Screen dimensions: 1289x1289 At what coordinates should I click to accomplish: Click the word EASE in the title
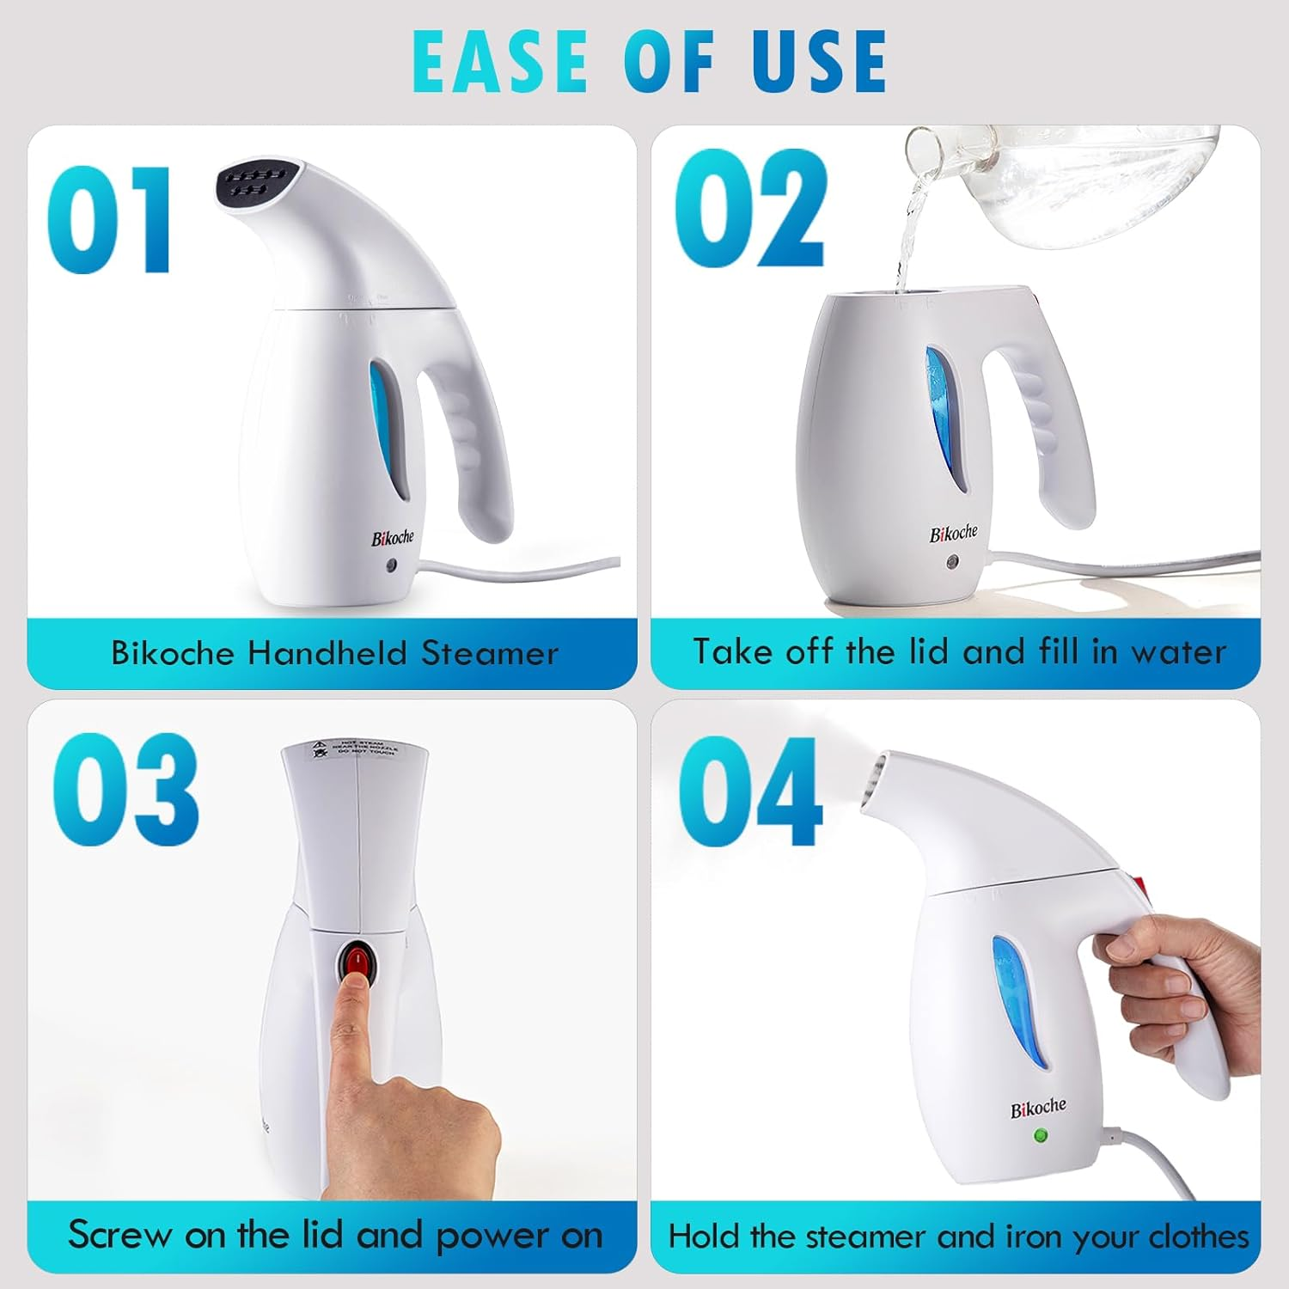(499, 62)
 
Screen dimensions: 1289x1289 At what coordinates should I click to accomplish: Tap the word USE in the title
(819, 62)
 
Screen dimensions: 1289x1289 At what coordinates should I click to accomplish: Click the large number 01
(109, 220)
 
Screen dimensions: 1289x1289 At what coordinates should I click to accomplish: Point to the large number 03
(125, 789)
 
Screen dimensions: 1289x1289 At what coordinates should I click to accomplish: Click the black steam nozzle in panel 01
(252, 183)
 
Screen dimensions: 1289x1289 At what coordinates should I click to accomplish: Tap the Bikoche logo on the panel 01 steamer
(392, 538)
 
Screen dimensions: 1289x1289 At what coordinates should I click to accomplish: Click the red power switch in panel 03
(357, 958)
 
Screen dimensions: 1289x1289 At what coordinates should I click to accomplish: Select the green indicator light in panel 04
(1041, 1136)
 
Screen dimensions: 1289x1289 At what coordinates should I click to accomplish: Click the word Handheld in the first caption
(327, 654)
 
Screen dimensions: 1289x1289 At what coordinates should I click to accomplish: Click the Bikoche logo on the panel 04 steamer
(1038, 1109)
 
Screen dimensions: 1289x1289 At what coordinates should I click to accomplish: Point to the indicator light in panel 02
(952, 563)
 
